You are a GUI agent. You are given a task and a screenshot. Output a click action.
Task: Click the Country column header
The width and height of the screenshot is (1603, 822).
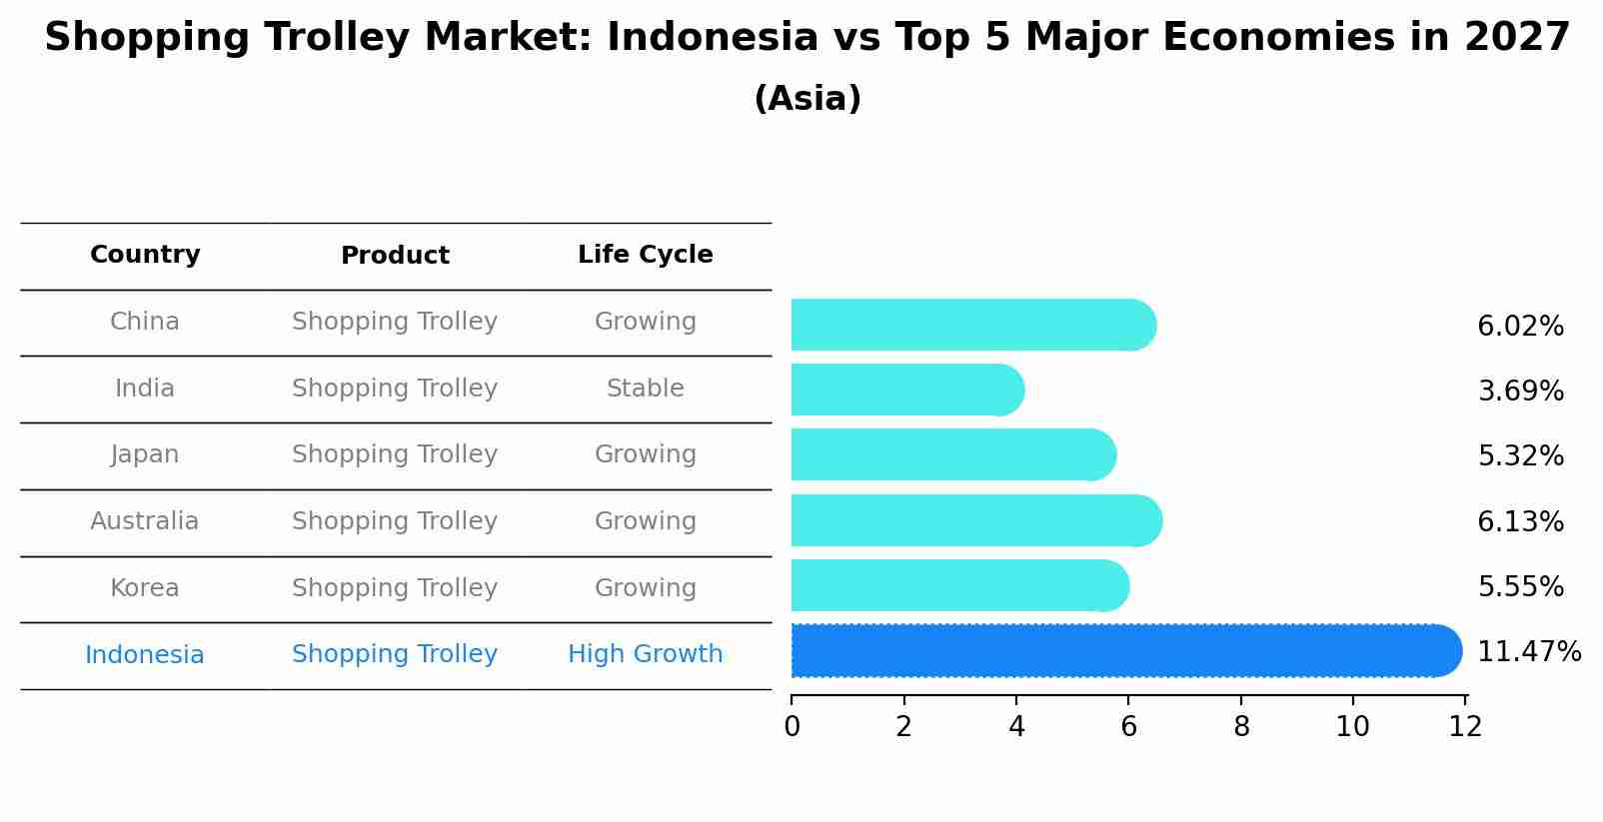[x=145, y=255]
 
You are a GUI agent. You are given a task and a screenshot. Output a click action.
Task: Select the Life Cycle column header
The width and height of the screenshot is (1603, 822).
[x=645, y=255]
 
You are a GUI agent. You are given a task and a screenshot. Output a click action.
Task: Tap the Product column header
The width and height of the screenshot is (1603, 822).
[x=395, y=256]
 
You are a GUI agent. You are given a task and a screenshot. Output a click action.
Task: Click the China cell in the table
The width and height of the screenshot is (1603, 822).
[x=145, y=322]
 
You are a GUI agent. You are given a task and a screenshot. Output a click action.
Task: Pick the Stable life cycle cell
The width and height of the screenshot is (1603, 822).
[x=645, y=389]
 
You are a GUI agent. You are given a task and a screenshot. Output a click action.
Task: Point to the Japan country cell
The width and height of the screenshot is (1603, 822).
[x=145, y=454]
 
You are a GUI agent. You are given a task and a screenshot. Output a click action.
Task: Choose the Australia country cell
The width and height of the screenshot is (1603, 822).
[x=145, y=521]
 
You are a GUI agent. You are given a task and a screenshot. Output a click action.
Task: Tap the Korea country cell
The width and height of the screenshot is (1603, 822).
[x=145, y=588]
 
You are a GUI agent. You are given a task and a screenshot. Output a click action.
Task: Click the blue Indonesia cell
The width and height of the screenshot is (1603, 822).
[x=145, y=655]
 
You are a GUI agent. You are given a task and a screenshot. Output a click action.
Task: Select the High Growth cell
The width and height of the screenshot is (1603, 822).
[x=645, y=654]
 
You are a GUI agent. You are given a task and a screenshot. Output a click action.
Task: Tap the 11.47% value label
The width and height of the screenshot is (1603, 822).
[x=1528, y=652]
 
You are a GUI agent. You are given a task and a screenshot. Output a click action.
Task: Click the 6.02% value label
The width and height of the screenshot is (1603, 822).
[x=1520, y=327]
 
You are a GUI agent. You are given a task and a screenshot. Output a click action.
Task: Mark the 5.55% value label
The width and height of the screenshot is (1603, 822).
[x=1520, y=587]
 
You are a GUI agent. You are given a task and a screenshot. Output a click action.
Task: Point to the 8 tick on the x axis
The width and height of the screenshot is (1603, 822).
[x=1241, y=727]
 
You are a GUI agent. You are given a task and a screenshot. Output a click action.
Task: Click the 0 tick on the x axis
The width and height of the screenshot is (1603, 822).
[x=792, y=727]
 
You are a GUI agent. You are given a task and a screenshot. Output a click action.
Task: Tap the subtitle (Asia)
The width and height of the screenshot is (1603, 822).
[x=807, y=99]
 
